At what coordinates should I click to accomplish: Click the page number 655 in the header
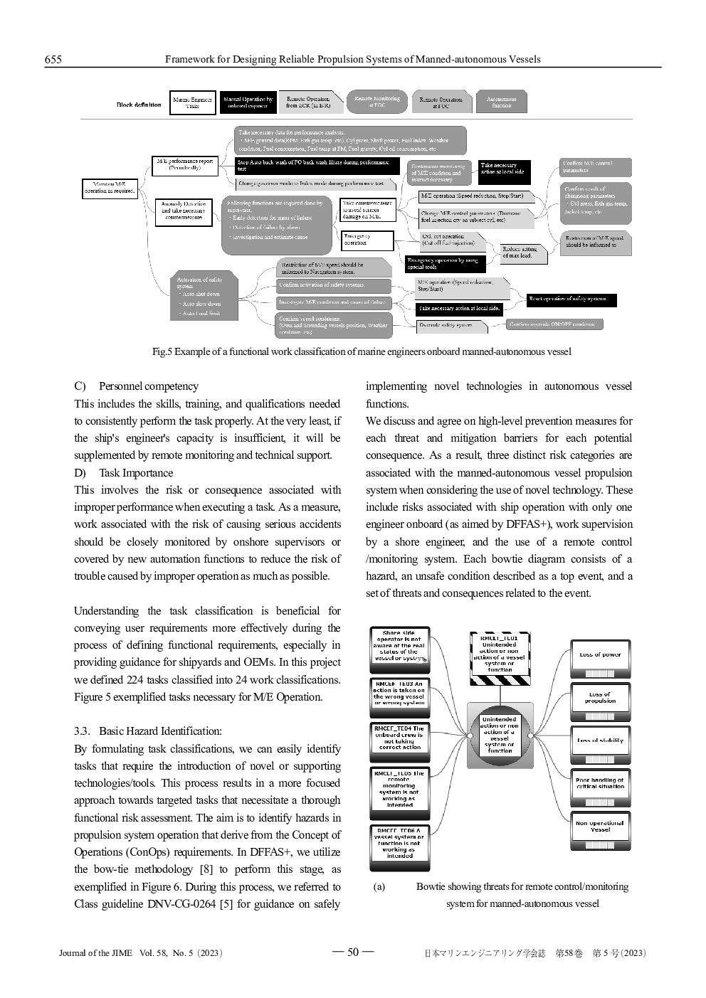(53, 60)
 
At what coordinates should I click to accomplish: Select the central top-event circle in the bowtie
(500, 736)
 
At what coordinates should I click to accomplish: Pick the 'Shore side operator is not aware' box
(399, 646)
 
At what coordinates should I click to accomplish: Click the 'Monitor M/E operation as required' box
(110, 188)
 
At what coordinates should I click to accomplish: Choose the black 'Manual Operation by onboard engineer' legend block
(247, 102)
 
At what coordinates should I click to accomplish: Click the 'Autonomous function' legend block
(501, 102)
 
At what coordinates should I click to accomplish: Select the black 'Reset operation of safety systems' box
(571, 299)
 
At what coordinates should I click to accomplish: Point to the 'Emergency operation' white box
(367, 240)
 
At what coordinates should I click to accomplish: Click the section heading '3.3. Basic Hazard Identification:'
(148, 731)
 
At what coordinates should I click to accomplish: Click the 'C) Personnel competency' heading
(137, 386)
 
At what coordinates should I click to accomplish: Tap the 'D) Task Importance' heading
(124, 473)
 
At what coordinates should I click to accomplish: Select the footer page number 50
(353, 952)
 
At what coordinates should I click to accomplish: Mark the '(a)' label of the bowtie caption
(379, 887)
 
